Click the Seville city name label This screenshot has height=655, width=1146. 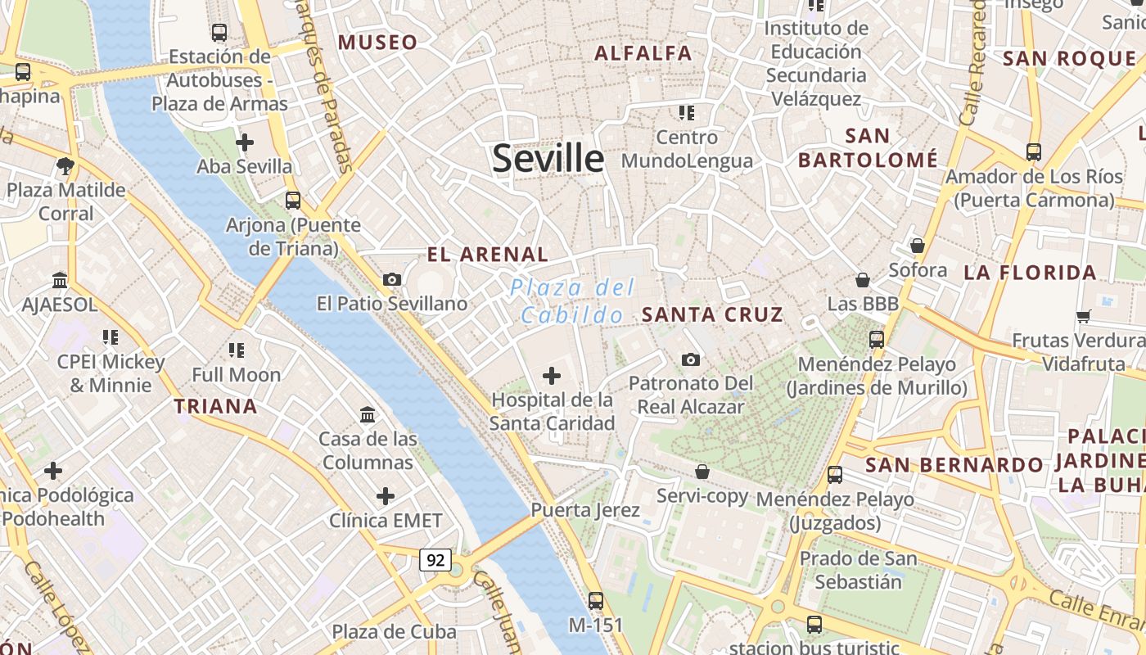[548, 158]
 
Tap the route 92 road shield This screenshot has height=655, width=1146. [435, 560]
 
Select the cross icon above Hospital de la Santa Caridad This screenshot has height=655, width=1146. [552, 376]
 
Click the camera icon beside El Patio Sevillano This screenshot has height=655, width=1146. [391, 280]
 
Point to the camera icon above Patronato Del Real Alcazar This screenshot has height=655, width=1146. [690, 359]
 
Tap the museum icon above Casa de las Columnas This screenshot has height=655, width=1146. [368, 415]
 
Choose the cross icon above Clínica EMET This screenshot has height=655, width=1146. [385, 496]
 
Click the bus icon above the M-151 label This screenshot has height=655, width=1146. [596, 601]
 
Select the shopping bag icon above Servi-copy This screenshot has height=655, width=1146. [702, 472]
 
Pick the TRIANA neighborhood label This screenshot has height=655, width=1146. [215, 406]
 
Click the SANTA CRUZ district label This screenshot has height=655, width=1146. [712, 314]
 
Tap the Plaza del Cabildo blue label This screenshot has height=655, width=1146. [572, 300]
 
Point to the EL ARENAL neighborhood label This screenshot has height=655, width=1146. [488, 255]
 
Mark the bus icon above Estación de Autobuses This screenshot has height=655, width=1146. [219, 33]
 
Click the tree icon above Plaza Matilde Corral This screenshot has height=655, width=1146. [65, 166]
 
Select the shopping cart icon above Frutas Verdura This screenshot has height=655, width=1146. [1083, 316]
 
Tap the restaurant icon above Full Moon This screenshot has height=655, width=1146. [237, 350]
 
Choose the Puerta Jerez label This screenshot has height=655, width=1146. [585, 510]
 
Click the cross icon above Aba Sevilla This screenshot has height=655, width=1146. [244, 142]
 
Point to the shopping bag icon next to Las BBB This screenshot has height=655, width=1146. [862, 281]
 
